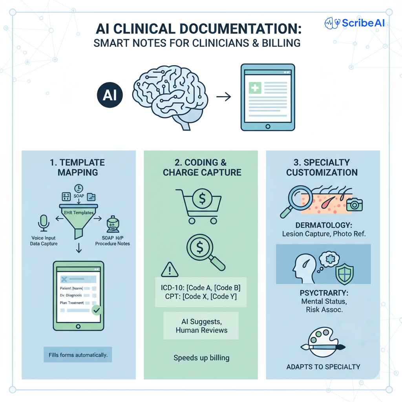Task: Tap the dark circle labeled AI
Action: point(110,95)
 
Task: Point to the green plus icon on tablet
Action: point(255,88)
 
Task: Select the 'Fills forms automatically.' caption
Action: point(78,355)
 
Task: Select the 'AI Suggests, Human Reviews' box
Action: point(201,325)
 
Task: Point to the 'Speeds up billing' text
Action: point(201,358)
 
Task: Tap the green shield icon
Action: point(345,271)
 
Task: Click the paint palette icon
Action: point(322,342)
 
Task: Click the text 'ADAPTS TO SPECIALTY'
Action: point(323,367)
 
